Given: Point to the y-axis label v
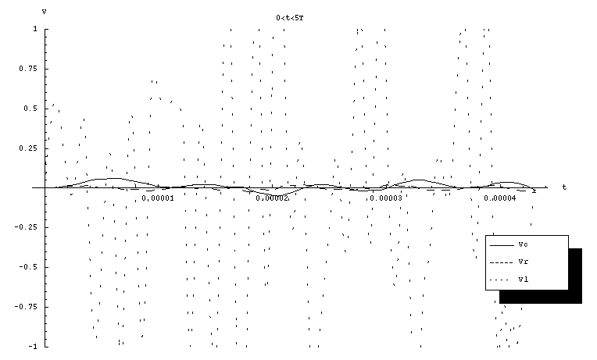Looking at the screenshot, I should coord(44,11).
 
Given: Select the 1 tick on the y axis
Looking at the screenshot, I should coord(34,29).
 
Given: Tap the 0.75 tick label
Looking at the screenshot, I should coord(28,69).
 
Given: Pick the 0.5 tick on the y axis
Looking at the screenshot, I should coord(30,109).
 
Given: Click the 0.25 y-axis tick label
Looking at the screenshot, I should coord(28,148).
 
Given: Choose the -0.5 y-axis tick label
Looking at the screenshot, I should coord(28,267).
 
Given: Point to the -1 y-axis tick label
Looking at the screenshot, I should coord(32,346).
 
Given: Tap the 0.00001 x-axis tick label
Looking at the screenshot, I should coord(158,198).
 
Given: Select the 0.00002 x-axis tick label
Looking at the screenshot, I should coord(272,198).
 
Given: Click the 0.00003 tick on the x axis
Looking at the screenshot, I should coord(386,198).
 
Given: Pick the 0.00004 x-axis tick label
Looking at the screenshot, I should coord(500,198).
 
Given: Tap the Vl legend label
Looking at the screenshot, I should coord(521,280).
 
